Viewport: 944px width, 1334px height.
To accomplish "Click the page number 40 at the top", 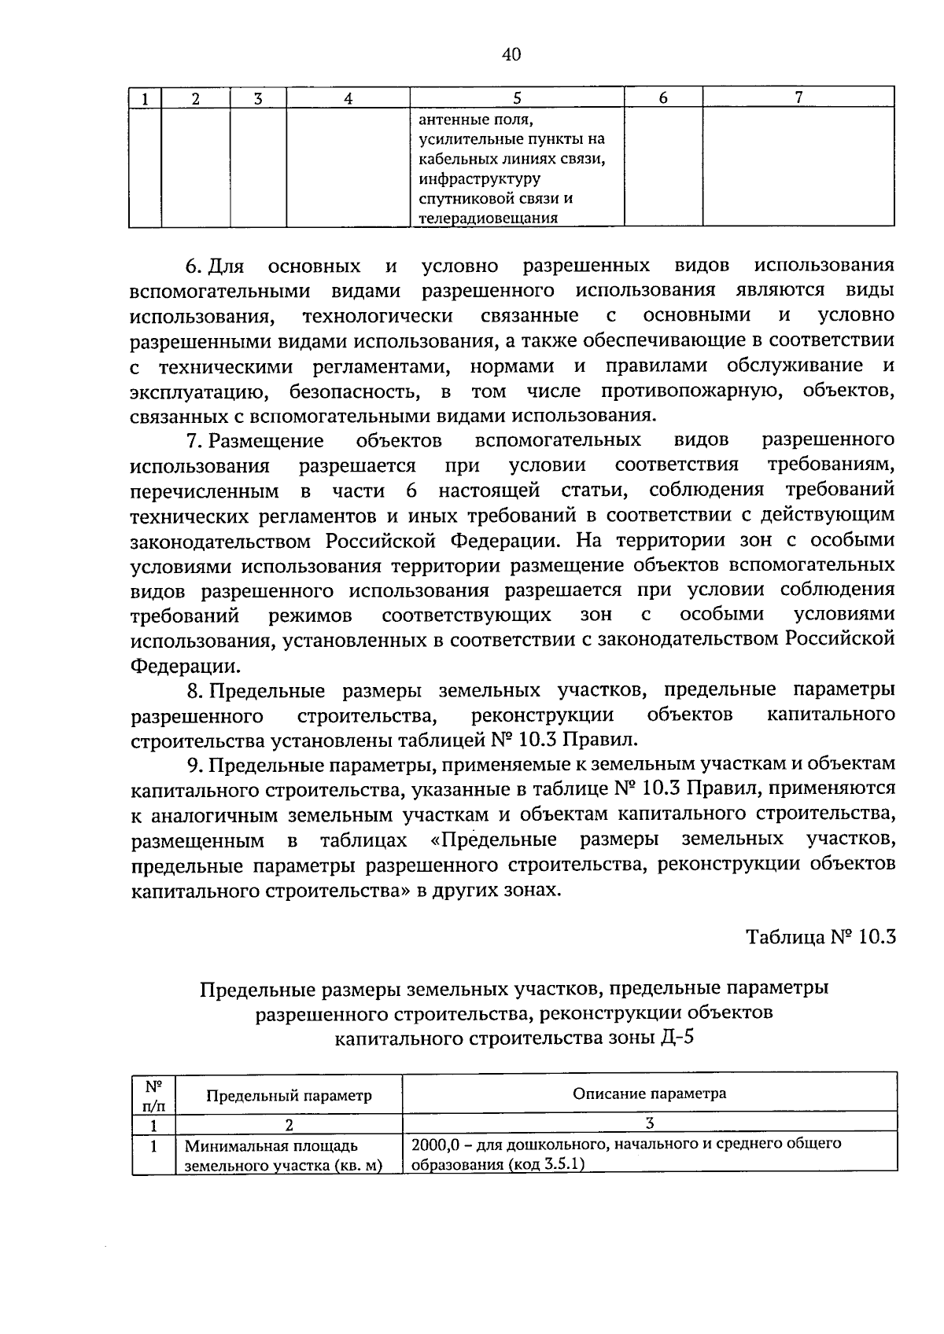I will (x=511, y=54).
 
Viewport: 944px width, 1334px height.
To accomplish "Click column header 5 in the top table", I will (x=517, y=98).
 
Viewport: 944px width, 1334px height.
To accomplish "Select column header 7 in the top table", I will (x=798, y=98).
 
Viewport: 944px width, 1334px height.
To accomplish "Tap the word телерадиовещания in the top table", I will (x=488, y=219).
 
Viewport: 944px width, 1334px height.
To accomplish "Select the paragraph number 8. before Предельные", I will (x=195, y=690).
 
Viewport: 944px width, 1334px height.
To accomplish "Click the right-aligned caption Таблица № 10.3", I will (x=820, y=939).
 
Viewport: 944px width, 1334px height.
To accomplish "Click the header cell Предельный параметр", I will (x=289, y=1095).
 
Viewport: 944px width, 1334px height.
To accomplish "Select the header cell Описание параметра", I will (x=649, y=1093).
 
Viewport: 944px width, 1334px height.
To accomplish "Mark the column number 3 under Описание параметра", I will (x=649, y=1123).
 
